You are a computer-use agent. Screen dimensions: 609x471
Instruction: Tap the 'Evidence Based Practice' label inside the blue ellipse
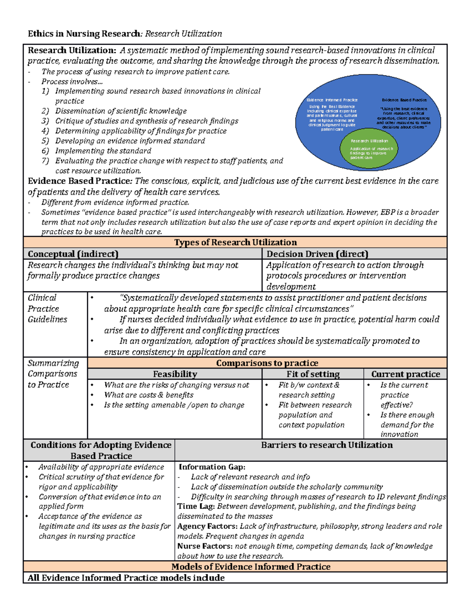pyautogui.click(x=404, y=100)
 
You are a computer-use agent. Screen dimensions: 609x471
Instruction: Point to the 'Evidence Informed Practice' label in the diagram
pyautogui.click(x=332, y=100)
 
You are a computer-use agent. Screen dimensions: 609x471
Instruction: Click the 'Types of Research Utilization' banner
pyautogui.click(x=235, y=242)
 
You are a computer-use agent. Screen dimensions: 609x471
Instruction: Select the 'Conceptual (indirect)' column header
pyautogui.click(x=73, y=254)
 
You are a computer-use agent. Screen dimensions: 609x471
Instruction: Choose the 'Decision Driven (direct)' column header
pyautogui.click(x=317, y=254)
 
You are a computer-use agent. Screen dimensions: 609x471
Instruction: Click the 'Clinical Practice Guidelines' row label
pyautogui.click(x=47, y=309)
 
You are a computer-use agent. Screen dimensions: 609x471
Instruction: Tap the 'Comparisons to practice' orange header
pyautogui.click(x=267, y=363)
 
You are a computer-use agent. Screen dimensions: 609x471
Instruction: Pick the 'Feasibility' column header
pyautogui.click(x=175, y=374)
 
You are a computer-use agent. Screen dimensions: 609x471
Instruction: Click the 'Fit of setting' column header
pyautogui.click(x=313, y=374)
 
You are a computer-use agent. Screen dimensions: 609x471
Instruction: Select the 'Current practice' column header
pyautogui.click(x=405, y=374)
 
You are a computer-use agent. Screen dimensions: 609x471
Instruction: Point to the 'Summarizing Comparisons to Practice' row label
pyautogui.click(x=53, y=374)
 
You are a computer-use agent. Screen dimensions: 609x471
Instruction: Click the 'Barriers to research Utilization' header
pyautogui.click(x=327, y=445)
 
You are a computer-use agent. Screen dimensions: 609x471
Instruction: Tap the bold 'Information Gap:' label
pyautogui.click(x=212, y=467)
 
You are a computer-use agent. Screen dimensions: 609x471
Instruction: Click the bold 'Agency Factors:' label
pyautogui.click(x=207, y=526)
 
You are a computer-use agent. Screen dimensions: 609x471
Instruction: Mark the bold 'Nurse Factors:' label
pyautogui.click(x=205, y=546)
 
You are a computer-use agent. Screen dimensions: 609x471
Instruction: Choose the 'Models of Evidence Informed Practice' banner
pyautogui.click(x=251, y=567)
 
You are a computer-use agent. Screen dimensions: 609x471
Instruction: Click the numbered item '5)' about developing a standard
pyautogui.click(x=45, y=141)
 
